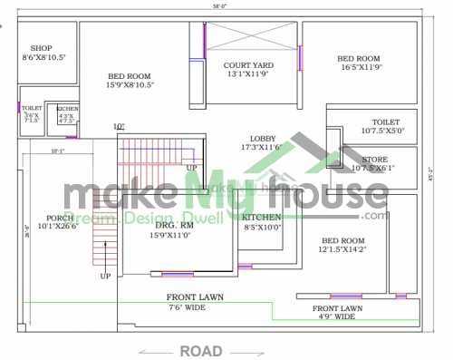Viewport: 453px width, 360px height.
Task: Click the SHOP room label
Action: click(x=42, y=47)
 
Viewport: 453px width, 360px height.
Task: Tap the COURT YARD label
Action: click(x=248, y=65)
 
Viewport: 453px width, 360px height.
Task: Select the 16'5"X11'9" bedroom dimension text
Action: click(x=360, y=66)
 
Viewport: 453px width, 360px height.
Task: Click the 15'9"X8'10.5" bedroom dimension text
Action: click(x=130, y=85)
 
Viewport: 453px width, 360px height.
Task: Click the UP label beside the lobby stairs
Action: click(x=191, y=168)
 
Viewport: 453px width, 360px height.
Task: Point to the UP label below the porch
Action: click(x=105, y=275)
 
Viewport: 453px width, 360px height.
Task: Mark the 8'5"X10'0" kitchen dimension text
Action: click(x=262, y=228)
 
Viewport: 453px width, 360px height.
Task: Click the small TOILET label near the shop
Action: click(x=33, y=108)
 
